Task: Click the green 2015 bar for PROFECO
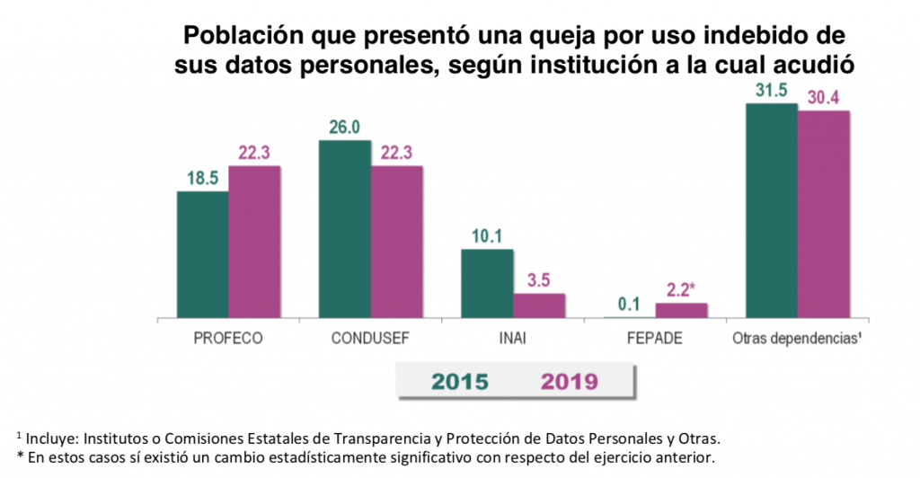pyautogui.click(x=202, y=254)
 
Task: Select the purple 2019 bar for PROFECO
pyautogui.click(x=254, y=242)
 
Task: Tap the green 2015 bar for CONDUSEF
pyautogui.click(x=344, y=229)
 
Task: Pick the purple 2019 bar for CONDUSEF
pyautogui.click(x=396, y=242)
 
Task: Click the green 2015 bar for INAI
pyautogui.click(x=487, y=283)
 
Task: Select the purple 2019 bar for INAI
pyautogui.click(x=539, y=305)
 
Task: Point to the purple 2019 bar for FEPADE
pyautogui.click(x=681, y=310)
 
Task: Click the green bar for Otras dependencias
pyautogui.click(x=772, y=210)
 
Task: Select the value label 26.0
pyautogui.click(x=345, y=128)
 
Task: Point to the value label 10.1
pyautogui.click(x=487, y=236)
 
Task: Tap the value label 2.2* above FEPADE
pyautogui.click(x=684, y=289)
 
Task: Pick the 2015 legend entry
pyautogui.click(x=460, y=381)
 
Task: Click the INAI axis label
pyautogui.click(x=513, y=341)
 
